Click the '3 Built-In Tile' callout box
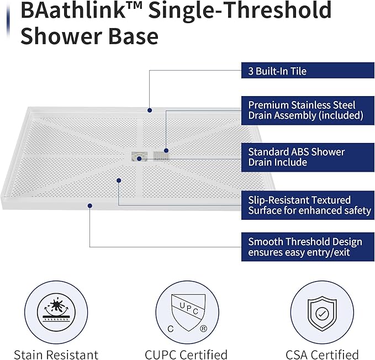point(308,71)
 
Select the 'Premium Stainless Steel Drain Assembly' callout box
point(308,110)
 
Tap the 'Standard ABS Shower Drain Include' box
point(308,157)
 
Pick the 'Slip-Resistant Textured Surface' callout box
point(308,205)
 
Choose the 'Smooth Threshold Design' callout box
point(308,247)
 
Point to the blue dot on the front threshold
point(90,205)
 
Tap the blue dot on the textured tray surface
point(119,179)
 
